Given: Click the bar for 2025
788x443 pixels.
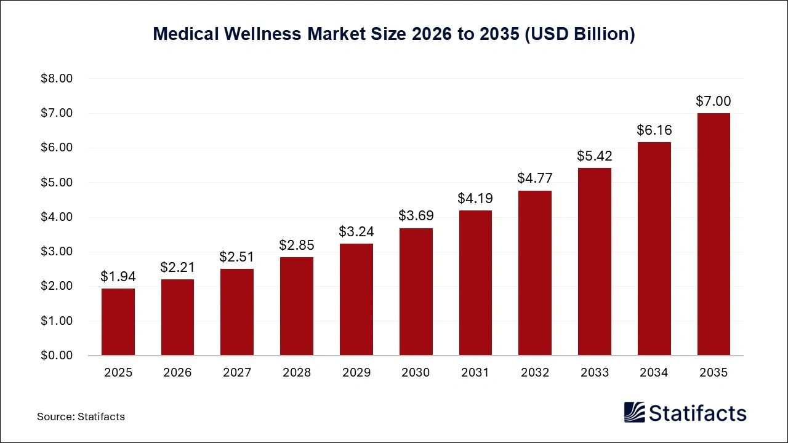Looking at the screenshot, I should [x=118, y=322].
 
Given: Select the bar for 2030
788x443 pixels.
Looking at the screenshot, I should [x=416, y=292].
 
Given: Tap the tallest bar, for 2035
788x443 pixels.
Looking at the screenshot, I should [x=714, y=234].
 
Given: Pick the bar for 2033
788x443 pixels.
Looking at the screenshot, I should [x=594, y=261].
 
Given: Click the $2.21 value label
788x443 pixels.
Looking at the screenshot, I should [x=177, y=267].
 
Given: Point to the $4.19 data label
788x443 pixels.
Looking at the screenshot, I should [x=475, y=198].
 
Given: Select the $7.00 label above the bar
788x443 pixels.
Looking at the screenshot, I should [x=714, y=101].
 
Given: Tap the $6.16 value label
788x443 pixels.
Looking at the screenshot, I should [x=654, y=130].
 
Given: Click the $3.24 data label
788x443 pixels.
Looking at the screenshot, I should [x=356, y=231].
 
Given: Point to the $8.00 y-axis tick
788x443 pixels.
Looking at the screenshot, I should [x=57, y=79].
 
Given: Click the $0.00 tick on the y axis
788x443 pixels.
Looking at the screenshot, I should [x=57, y=356].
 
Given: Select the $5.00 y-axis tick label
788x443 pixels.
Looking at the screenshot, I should [x=57, y=183].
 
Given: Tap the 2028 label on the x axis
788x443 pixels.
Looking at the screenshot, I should [x=296, y=372].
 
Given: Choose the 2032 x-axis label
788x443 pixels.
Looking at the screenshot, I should [x=534, y=372].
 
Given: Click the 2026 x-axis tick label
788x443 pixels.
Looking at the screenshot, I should [x=177, y=372].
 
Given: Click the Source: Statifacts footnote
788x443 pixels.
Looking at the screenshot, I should [x=81, y=417].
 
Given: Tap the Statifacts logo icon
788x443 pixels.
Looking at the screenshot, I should [x=635, y=412].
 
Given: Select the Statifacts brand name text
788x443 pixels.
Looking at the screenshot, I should [x=698, y=413].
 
